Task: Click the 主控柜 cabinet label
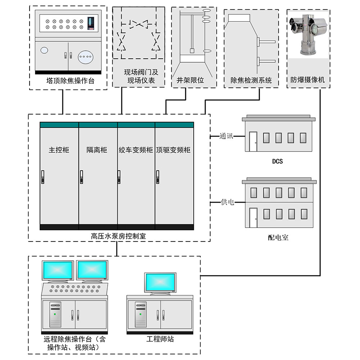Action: pyautogui.click(x=59, y=150)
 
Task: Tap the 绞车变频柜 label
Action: pyautogui.click(x=136, y=150)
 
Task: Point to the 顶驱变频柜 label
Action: pyautogui.click(x=173, y=150)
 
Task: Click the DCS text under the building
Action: pyautogui.click(x=277, y=161)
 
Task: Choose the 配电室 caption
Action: pyautogui.click(x=278, y=238)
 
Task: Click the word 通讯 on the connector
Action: pyautogui.click(x=226, y=136)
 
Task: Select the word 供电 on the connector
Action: pyautogui.click(x=227, y=202)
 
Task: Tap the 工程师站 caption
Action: pyautogui.click(x=160, y=339)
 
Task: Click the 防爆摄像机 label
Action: pyautogui.click(x=307, y=80)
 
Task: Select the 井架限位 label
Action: pyautogui.click(x=193, y=80)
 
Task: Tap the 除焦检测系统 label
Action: pyautogui.click(x=251, y=80)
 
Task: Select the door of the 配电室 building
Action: pyautogui.click(x=253, y=217)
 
